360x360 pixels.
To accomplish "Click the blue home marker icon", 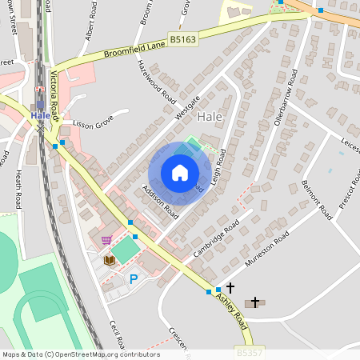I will pyautogui.click(x=179, y=173).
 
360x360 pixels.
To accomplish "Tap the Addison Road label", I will pyautogui.click(x=159, y=203).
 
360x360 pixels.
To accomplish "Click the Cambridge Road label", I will pyautogui.click(x=216, y=239).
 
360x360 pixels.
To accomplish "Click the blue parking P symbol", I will pyautogui.click(x=134, y=278).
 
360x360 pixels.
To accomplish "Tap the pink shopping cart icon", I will pyautogui.click(x=106, y=239).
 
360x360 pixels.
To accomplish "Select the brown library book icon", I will pyautogui.click(x=110, y=259).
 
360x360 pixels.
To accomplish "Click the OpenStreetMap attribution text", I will pyautogui.click(x=81, y=354).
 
